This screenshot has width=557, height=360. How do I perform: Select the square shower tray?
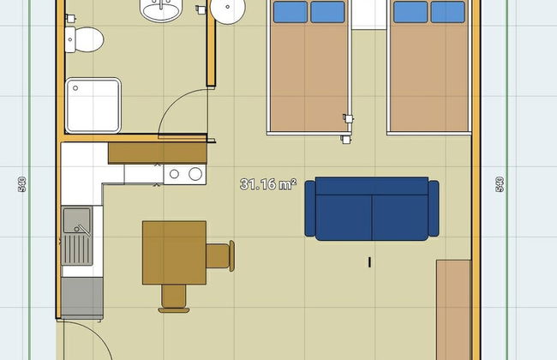pyautogui.click(x=93, y=105)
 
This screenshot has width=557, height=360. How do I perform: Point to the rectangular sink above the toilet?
pyautogui.click(x=161, y=10)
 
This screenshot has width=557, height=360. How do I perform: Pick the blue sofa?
pyautogui.click(x=372, y=208)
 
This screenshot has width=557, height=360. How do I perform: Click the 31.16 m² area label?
pyautogui.click(x=268, y=183)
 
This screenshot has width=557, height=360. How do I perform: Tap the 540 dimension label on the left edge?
pyautogui.click(x=20, y=184)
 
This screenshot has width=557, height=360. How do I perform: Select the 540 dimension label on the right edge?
pyautogui.click(x=500, y=184)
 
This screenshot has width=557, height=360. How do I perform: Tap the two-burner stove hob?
pyautogui.click(x=185, y=174)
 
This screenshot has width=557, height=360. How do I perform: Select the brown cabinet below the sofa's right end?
pyautogui.click(x=452, y=309)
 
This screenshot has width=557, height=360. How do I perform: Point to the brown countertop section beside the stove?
pyautogui.click(x=157, y=153)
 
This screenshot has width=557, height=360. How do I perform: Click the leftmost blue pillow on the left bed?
pyautogui.click(x=290, y=12)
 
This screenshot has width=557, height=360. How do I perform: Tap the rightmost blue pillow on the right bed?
pyautogui.click(x=447, y=12)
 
